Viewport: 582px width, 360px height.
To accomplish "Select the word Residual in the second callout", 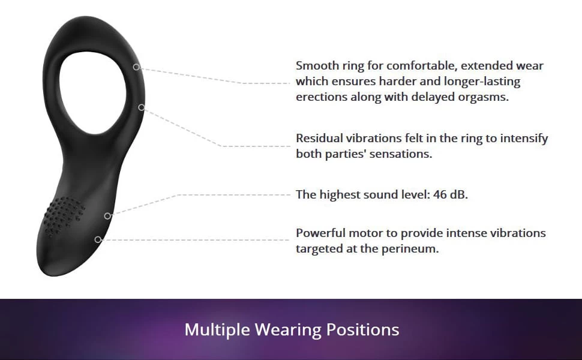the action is point(319,138).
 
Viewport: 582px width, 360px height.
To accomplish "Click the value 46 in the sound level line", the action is point(439,194).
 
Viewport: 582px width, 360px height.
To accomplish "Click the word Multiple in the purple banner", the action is point(217,329).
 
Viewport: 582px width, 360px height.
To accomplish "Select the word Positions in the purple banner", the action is point(362,329).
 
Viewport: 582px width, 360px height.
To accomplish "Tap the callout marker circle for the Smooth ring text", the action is point(136,67).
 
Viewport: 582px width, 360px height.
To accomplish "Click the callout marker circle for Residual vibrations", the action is point(142,107).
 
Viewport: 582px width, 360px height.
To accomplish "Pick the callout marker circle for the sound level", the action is point(107,215).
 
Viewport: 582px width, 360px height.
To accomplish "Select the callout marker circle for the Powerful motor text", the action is point(98,240).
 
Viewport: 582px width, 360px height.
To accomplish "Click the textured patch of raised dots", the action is point(64,216).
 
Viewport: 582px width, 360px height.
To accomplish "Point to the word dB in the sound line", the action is point(459,194).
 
